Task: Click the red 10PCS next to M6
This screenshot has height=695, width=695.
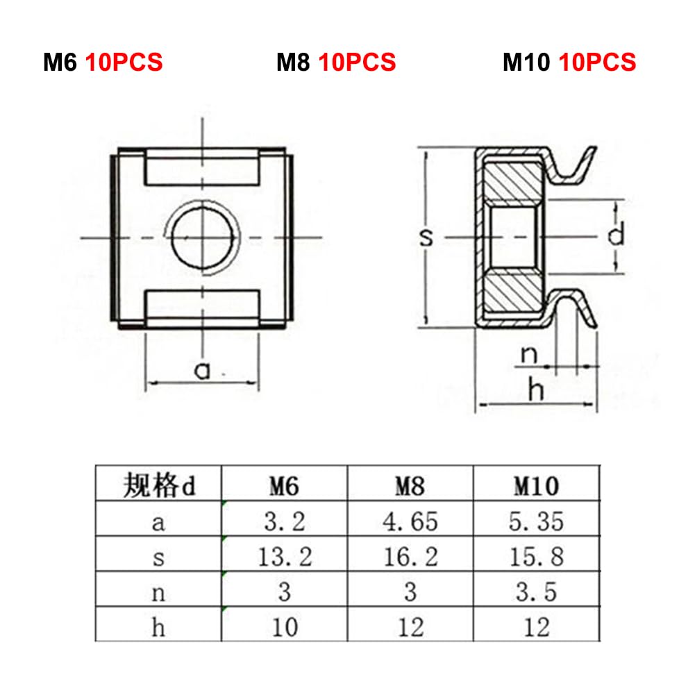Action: coord(124,62)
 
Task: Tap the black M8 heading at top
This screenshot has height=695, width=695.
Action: coord(293,62)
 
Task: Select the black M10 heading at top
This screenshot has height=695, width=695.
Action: coord(526,62)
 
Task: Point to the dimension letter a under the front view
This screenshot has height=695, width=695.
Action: coord(202,371)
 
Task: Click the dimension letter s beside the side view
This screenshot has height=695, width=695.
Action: coord(426,237)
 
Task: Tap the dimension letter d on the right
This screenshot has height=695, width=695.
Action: coord(616,234)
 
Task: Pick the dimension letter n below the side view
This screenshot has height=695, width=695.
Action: coord(529,355)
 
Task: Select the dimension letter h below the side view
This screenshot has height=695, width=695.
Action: coord(536,390)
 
